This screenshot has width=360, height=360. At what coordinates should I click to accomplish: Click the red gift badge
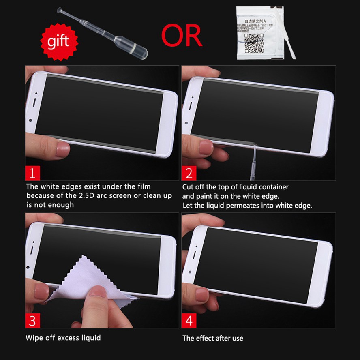(x=58, y=41)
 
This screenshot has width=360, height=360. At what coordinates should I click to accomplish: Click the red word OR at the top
(x=182, y=35)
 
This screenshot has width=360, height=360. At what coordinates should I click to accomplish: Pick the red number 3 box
(x=32, y=320)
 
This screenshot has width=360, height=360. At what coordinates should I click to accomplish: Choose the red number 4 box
(x=189, y=320)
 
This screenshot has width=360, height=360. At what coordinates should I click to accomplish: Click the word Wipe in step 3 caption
(x=34, y=337)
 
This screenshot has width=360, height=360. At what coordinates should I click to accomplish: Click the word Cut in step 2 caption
(x=188, y=187)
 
